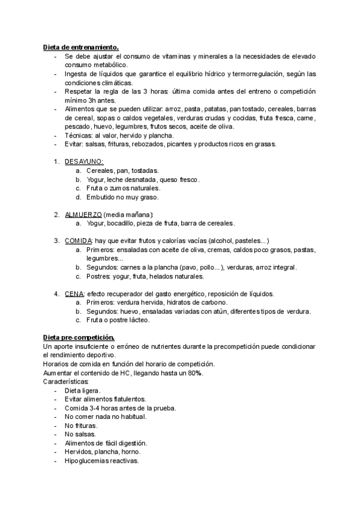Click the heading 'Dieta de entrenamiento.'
tap(81, 47)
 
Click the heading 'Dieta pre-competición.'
tap(79, 338)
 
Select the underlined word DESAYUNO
tap(84, 161)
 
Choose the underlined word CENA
tap(74, 294)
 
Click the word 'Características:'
tap(67, 382)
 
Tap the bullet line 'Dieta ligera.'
tap(83, 391)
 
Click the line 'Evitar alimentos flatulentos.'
tap(104, 399)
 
